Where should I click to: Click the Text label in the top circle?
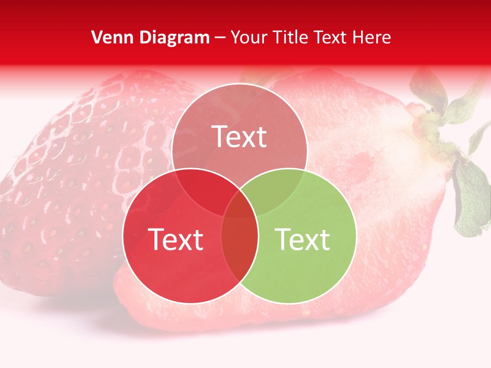click(239, 136)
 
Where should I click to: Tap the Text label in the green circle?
click(303, 239)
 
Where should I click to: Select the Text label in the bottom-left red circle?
click(175, 239)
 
